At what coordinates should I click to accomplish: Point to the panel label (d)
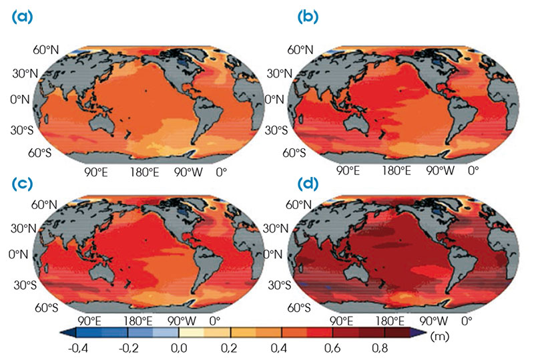[x=279, y=183]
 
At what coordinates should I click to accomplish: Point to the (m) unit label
[x=441, y=334]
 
